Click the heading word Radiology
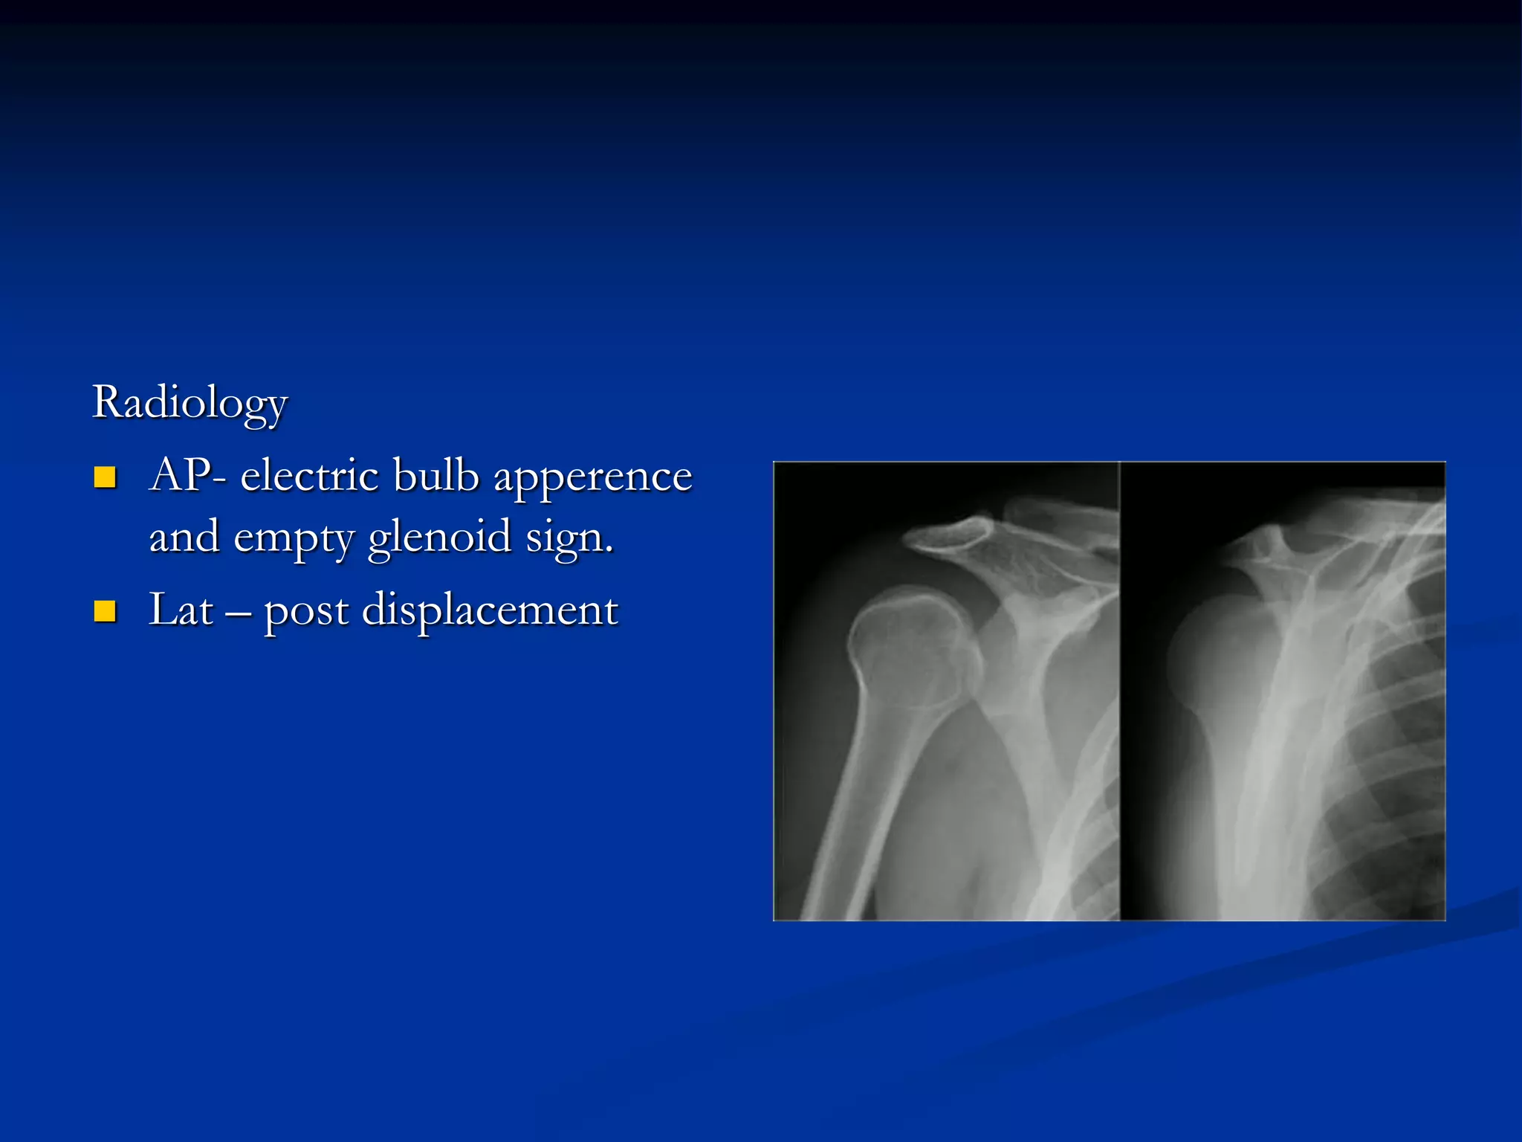(190, 404)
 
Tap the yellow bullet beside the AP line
(105, 477)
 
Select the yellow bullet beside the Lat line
(105, 611)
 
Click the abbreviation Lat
(181, 610)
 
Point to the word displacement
(490, 611)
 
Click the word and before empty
(184, 537)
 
